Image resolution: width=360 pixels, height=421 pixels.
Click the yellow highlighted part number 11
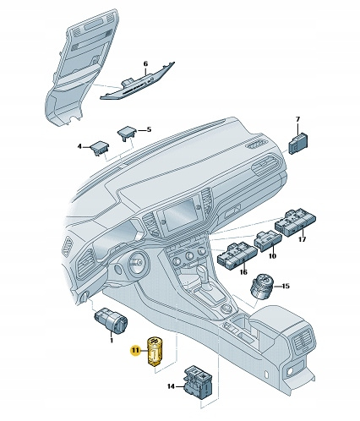coord(136,350)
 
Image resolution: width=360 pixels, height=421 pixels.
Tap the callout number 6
coord(145,64)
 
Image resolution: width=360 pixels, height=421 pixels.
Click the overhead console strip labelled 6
coord(138,81)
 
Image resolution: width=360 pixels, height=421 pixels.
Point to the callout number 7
coord(297,119)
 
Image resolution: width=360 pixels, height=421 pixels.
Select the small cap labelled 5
coord(128,134)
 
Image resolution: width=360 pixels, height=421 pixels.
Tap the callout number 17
coord(302,239)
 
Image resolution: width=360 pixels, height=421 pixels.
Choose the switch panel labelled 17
coord(295,222)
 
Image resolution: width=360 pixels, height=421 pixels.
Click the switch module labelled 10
coord(268,240)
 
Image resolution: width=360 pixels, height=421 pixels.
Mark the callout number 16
coord(243,272)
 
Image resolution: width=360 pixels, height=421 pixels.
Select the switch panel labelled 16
coord(237,255)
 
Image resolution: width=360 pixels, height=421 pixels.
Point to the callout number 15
coord(286,287)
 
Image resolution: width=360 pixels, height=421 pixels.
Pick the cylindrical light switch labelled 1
coord(111,320)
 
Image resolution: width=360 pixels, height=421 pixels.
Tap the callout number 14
coord(171,386)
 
